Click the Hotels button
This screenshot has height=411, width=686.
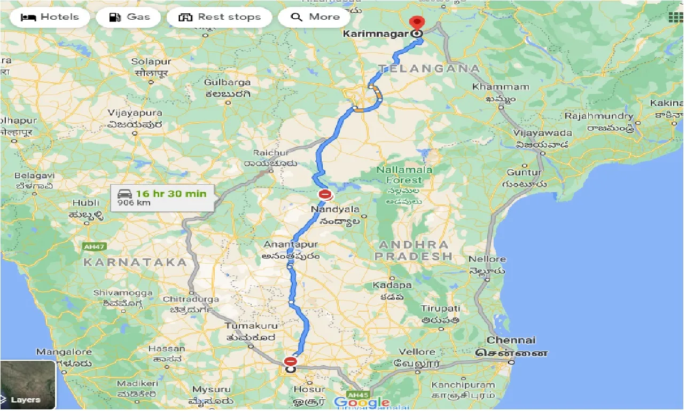coord(50,17)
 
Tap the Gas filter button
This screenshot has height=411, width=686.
coord(130,17)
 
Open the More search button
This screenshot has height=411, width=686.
coord(315,17)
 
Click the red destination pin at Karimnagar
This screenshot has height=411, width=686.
coord(417,23)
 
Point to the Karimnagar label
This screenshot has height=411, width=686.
coord(376,34)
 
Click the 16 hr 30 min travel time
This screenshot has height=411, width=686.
coord(171,193)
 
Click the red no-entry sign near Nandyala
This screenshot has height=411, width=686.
coord(324,195)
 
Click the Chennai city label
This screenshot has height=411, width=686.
coord(511,340)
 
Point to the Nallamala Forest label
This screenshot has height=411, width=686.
coord(404,175)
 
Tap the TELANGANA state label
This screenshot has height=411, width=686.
coord(430,68)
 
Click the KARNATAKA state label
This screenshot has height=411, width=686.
coord(135,262)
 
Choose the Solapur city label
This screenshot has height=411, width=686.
coord(151,62)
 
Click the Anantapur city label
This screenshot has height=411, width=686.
coord(291,244)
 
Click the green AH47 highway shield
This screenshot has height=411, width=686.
coord(95,247)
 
